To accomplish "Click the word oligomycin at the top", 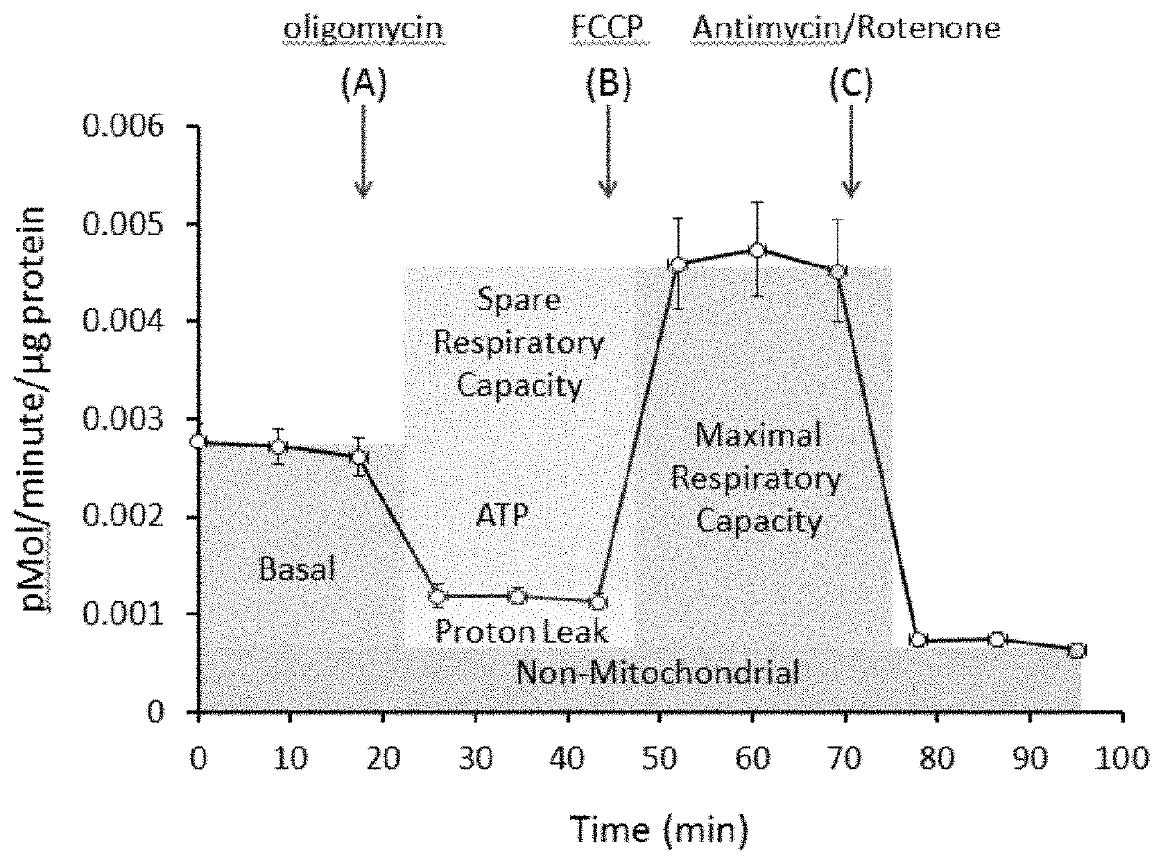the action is (363, 29).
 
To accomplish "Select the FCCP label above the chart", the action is (607, 27).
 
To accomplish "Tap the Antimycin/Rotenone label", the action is (846, 29).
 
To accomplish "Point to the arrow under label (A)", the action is (363, 152).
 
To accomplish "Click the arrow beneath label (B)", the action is (608, 152).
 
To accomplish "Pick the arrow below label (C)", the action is (851, 152).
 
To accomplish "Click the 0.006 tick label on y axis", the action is (124, 127).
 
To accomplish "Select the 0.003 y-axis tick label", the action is (124, 419).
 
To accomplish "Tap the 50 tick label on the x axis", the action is (660, 759).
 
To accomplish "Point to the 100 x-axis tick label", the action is (1122, 759).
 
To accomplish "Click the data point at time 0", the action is (198, 442).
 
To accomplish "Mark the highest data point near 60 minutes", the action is (757, 250).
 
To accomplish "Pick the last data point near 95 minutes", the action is (1077, 651).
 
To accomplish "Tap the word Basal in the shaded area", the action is (296, 568).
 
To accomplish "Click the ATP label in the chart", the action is (502, 515).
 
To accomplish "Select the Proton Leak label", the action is (521, 632).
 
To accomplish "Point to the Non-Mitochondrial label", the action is (657, 672).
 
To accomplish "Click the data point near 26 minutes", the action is (437, 597).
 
